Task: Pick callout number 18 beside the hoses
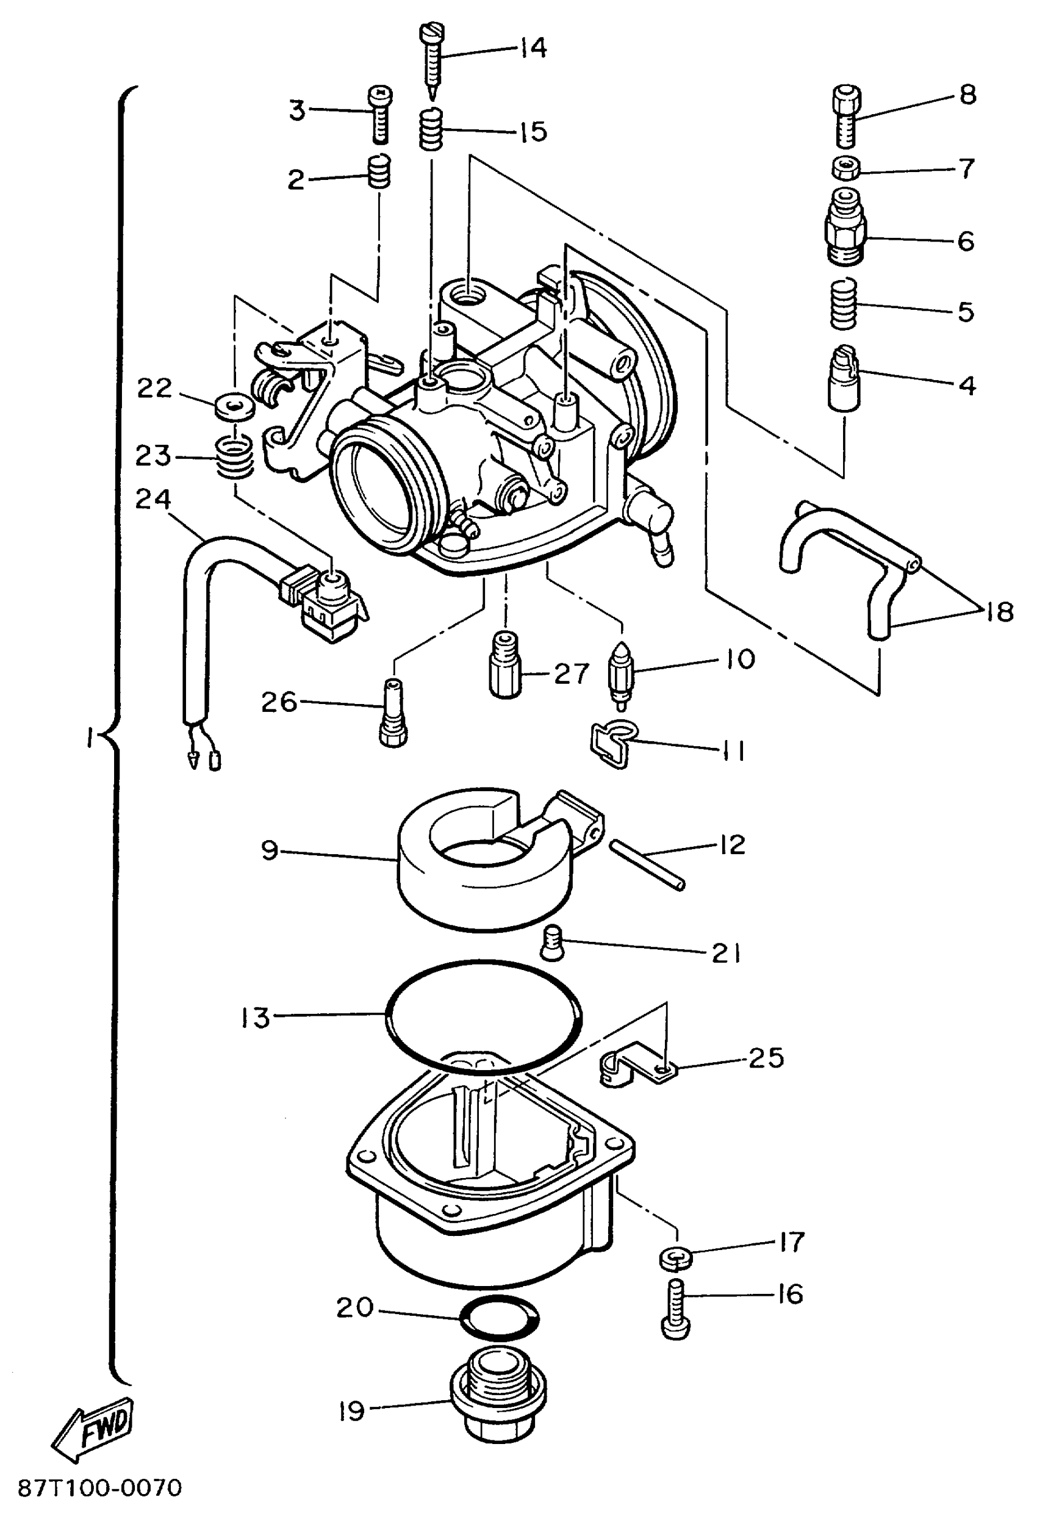[x=999, y=612]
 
